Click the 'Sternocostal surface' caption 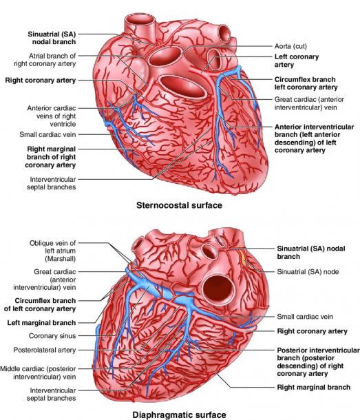[x=179, y=205]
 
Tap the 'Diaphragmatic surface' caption [x=179, y=415]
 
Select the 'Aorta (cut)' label [x=290, y=46]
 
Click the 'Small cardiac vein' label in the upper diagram [x=47, y=134]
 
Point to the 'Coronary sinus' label [x=52, y=335]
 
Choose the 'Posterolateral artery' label [x=45, y=350]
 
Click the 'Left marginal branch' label [x=41, y=323]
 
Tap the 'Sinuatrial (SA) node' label [x=308, y=272]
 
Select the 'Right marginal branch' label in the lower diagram [x=314, y=387]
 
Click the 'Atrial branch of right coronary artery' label [x=45, y=60]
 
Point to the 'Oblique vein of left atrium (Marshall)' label [x=52, y=251]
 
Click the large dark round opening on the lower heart [x=218, y=288]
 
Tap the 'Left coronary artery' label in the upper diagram [x=297, y=61]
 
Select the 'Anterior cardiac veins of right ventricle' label [x=52, y=116]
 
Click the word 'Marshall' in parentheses [x=60, y=259]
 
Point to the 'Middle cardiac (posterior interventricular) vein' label [x=38, y=372]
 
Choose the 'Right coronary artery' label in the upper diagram [x=41, y=81]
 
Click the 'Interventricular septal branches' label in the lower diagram [x=51, y=395]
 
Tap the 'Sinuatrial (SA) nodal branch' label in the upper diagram [x=52, y=38]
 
